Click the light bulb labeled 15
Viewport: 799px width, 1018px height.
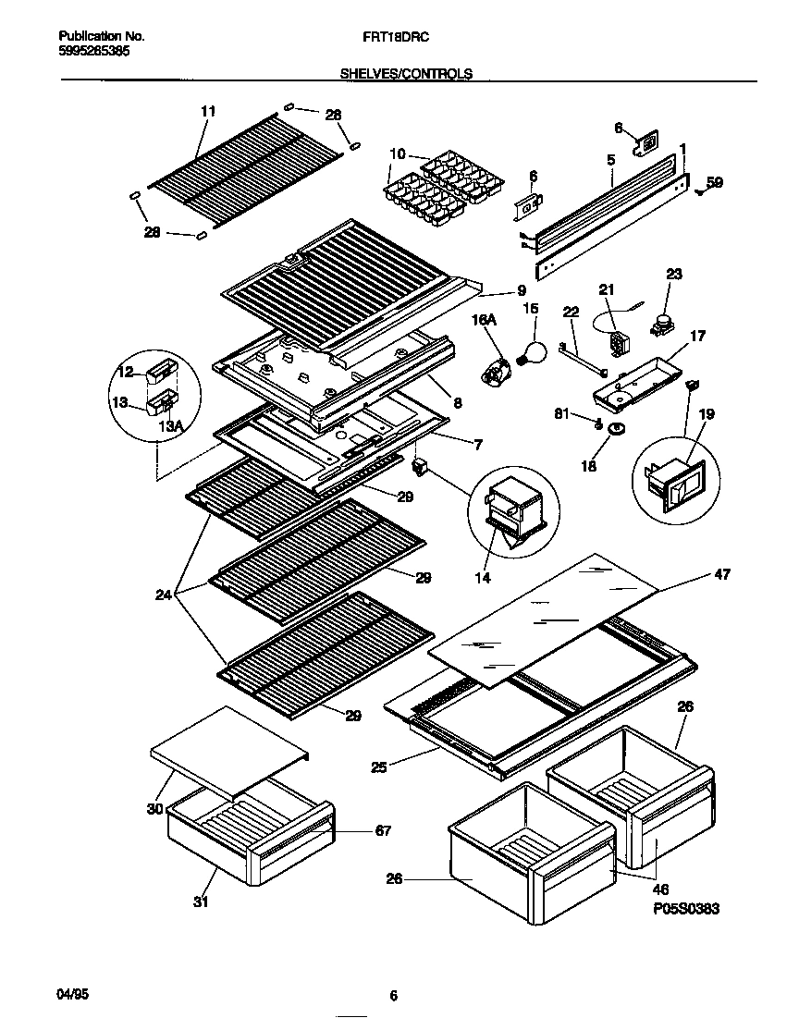click(531, 352)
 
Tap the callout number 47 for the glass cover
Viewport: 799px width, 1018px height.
click(722, 575)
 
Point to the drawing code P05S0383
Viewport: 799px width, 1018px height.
click(685, 909)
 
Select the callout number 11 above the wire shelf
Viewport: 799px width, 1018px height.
click(207, 111)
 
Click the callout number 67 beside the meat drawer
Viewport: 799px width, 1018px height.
click(382, 831)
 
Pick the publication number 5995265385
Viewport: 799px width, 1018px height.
click(88, 52)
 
